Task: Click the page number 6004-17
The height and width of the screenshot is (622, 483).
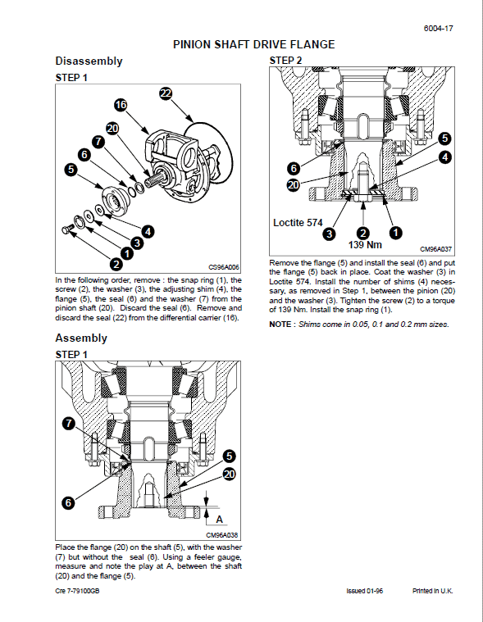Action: coord(439,28)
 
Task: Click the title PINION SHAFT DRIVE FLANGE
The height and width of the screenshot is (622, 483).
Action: coord(253,44)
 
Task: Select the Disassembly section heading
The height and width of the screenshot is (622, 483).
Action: coord(89,61)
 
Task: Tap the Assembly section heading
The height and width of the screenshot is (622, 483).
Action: coord(81,338)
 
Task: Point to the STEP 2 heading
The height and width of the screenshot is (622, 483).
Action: coord(286,61)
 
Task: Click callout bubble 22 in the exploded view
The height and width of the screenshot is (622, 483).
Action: coord(166,94)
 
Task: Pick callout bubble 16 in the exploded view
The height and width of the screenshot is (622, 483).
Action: coord(121,105)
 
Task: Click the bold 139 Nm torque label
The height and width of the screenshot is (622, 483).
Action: coord(365,244)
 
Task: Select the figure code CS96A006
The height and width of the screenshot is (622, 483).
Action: coord(223,267)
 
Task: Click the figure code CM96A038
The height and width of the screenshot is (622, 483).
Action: coord(222,535)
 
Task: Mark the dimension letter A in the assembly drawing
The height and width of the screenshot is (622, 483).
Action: coord(218,518)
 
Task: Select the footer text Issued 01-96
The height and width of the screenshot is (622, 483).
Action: coord(365,590)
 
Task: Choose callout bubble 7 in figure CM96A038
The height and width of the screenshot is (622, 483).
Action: coord(69,423)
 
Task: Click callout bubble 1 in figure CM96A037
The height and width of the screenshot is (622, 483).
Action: coord(394,233)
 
